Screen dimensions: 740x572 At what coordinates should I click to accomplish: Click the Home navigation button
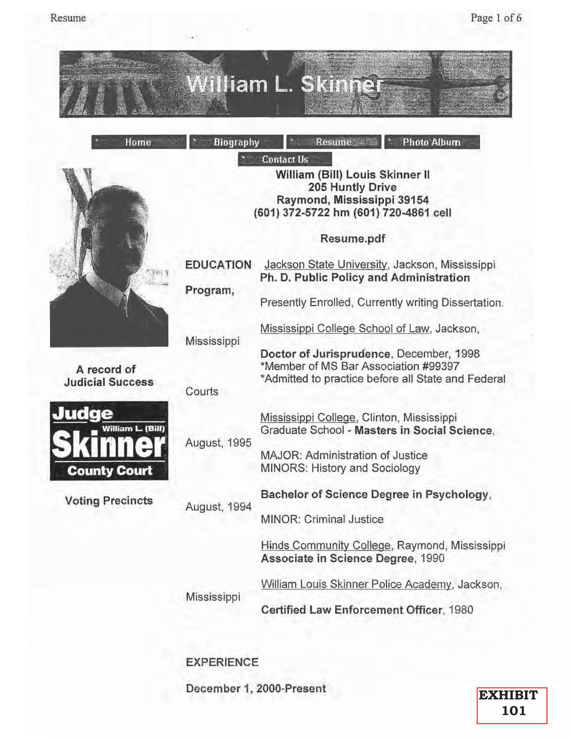(139, 142)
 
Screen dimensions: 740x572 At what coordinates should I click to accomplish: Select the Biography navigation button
(236, 142)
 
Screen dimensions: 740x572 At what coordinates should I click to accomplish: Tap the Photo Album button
(432, 142)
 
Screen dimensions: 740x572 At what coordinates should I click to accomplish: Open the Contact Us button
(285, 159)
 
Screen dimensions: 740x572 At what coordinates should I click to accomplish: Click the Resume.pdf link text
(352, 238)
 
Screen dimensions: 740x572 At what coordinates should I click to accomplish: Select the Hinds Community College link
(326, 546)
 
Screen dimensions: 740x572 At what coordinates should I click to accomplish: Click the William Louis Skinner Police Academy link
(356, 584)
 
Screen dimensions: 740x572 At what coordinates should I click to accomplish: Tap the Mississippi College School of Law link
(345, 328)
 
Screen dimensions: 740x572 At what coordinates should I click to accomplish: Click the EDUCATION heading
(218, 265)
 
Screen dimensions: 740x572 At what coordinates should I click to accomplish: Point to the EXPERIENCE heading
(222, 662)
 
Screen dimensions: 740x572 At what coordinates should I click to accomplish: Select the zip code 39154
(413, 200)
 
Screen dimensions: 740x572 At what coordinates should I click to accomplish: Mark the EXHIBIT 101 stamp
(512, 705)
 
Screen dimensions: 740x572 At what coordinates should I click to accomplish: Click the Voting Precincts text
(109, 500)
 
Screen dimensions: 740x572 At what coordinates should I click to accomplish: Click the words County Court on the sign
(109, 471)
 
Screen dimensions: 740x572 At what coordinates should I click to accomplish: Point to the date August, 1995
(218, 443)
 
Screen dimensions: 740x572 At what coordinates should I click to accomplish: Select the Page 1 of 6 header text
(496, 18)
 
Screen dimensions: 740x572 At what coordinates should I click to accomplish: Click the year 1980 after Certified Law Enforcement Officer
(461, 610)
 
